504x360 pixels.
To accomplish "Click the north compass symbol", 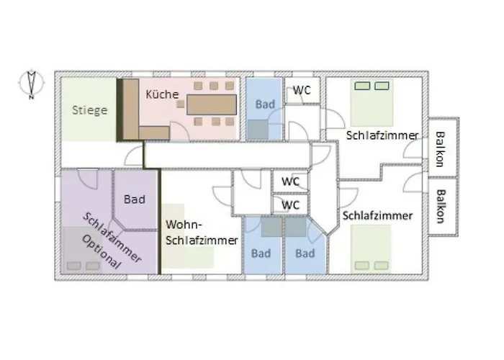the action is tap(31, 84).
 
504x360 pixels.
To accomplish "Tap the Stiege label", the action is tap(90, 110).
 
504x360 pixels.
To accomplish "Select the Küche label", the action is tap(162, 94).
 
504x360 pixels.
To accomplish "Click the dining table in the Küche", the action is tap(212, 104).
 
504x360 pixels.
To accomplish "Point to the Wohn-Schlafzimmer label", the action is tap(202, 232).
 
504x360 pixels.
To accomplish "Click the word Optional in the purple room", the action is tap(102, 252).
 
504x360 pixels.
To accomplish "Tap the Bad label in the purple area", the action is tap(135, 199).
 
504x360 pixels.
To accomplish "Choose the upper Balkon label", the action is tap(440, 149).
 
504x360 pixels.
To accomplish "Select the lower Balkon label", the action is tap(440, 207).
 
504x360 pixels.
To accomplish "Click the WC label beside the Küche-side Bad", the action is tap(302, 90).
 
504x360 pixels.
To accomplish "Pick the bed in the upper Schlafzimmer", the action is tap(372, 102).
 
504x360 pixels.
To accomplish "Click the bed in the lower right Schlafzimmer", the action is tap(371, 249).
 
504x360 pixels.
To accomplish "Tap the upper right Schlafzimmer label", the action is tap(382, 135).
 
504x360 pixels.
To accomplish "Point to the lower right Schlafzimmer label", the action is tap(377, 215).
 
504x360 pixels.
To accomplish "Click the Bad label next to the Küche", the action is tap(265, 104).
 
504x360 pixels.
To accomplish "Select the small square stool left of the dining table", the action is tap(181, 104).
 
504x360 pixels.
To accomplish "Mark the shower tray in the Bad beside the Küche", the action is tap(258, 130).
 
